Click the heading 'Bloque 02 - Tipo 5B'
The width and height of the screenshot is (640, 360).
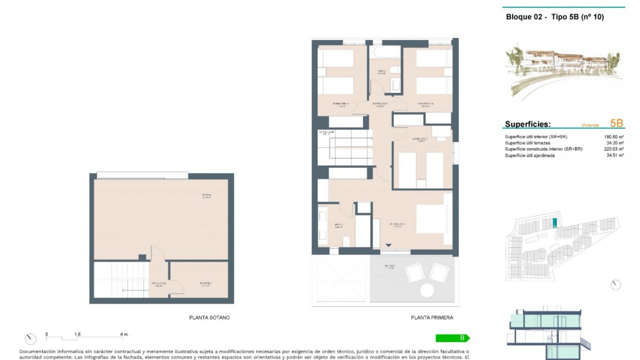(555, 17)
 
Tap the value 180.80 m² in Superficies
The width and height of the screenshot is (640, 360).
(614, 137)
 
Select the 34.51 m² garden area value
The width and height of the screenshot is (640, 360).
(615, 155)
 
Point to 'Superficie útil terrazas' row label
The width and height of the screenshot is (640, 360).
(527, 143)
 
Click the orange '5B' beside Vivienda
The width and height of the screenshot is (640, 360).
(616, 123)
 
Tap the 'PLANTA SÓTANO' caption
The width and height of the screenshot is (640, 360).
(209, 318)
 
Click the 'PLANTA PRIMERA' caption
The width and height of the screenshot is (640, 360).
(432, 318)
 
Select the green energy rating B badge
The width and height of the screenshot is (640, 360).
(452, 338)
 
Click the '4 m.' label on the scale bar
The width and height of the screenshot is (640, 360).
(124, 334)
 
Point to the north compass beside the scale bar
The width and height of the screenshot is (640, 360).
(30, 339)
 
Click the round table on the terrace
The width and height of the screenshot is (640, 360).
(427, 290)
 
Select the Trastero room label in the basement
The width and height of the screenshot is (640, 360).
(205, 284)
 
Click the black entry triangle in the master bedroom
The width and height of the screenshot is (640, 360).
(388, 245)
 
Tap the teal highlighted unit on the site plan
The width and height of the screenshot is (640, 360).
(555, 223)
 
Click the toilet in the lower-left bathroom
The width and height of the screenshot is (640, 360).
(346, 241)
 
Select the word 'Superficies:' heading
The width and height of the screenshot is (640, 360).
(528, 124)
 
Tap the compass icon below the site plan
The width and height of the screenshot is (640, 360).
(615, 285)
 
